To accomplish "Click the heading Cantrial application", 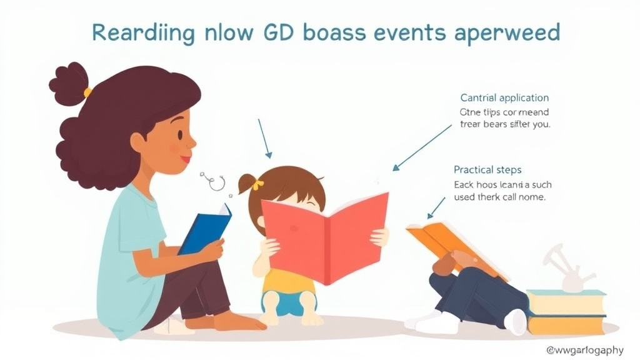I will [504, 97].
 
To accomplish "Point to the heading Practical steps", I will [487, 169].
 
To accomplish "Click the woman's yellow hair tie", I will [87, 92].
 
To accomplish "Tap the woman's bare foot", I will [241, 322].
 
